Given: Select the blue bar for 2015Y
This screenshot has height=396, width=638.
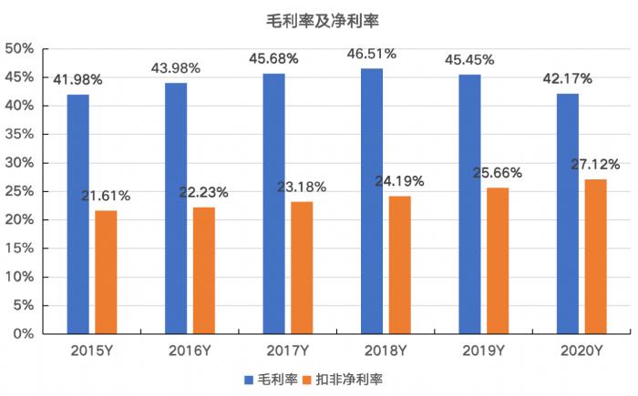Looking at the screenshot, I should click(x=77, y=214).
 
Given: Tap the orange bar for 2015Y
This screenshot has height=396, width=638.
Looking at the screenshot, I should click(x=106, y=272).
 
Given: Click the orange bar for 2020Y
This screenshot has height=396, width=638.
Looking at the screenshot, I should click(x=595, y=257).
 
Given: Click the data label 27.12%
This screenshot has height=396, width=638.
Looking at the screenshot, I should click(x=595, y=165).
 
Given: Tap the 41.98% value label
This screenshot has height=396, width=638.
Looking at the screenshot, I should click(x=77, y=79).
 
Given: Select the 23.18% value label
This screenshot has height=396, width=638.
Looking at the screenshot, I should click(x=302, y=188).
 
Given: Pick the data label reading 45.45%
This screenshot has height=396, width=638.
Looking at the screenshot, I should click(x=469, y=60).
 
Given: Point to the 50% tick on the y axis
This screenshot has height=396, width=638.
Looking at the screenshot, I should click(x=19, y=48).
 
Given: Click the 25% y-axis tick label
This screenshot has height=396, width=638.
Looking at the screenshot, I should click(x=19, y=191).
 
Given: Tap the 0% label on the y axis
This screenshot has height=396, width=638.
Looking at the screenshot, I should click(x=23, y=334).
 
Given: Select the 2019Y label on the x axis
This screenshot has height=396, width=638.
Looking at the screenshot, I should click(x=483, y=350).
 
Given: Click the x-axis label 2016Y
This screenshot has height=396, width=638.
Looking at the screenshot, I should click(x=190, y=350).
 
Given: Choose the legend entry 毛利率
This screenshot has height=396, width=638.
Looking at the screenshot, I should click(x=271, y=378).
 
